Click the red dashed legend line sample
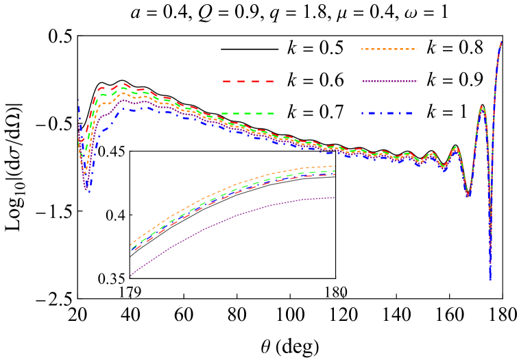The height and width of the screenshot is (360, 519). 248,82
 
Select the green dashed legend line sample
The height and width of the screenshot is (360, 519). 248,113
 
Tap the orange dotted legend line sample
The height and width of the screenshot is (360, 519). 389,49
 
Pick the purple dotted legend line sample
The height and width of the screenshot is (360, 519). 389,82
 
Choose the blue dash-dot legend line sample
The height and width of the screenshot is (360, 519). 387,113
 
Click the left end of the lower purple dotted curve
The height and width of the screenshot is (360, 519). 130,276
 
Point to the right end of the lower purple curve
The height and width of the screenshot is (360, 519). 335,197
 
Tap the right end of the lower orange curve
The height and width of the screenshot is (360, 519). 335,166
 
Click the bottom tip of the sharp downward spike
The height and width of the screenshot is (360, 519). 490,279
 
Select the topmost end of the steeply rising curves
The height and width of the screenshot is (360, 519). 502,41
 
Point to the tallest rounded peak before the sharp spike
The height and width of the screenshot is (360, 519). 482,107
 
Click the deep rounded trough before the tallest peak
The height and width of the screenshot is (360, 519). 468,196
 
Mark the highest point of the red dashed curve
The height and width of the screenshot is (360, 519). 125,84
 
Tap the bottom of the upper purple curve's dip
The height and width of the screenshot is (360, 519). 86,188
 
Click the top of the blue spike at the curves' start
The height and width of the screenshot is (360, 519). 78,99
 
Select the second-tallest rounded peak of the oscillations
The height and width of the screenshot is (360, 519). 455,147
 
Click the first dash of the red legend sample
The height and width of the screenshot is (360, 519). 226,82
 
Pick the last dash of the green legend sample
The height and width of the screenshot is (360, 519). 269,113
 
